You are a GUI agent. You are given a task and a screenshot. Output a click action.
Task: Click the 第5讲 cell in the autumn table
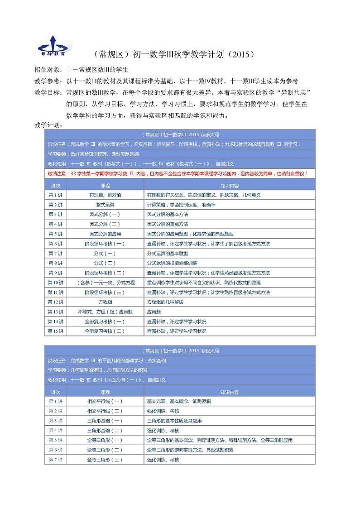click(55, 234)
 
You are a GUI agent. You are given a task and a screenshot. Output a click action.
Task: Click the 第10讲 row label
click(55, 283)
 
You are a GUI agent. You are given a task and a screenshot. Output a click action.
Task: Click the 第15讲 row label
click(55, 331)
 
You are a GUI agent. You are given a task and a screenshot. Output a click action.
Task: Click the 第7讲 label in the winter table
click(55, 460)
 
